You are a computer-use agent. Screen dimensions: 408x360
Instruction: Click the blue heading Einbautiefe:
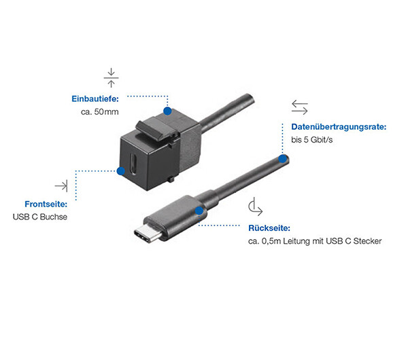click(x=95, y=98)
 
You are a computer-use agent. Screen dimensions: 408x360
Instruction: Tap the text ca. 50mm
click(x=100, y=112)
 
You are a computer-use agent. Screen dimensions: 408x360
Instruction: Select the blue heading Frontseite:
click(x=46, y=204)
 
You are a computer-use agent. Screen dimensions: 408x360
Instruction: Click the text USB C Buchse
click(x=40, y=217)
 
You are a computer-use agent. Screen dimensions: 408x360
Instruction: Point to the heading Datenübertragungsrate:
click(x=339, y=127)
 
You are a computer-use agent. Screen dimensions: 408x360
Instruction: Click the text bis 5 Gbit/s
click(x=311, y=140)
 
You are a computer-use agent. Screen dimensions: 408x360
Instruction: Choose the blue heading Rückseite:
click(x=269, y=228)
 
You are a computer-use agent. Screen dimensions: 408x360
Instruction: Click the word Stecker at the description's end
click(x=367, y=241)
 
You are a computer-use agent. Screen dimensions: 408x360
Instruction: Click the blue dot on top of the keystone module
click(x=167, y=111)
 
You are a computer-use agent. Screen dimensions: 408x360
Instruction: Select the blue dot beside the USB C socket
click(x=121, y=171)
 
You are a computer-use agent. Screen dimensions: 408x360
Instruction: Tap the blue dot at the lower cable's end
click(x=283, y=158)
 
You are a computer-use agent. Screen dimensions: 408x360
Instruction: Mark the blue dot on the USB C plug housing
click(x=199, y=211)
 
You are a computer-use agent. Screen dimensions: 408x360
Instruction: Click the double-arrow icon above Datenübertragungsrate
click(x=299, y=107)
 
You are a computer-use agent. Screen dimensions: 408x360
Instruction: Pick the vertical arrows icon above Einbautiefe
click(x=111, y=77)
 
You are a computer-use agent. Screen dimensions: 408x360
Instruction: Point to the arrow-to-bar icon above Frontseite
click(x=61, y=186)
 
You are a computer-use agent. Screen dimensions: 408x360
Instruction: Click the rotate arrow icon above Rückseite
click(x=255, y=206)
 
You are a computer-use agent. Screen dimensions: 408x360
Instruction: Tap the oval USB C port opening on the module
click(x=134, y=164)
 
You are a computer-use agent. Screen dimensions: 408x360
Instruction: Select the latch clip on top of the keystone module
click(x=156, y=128)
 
